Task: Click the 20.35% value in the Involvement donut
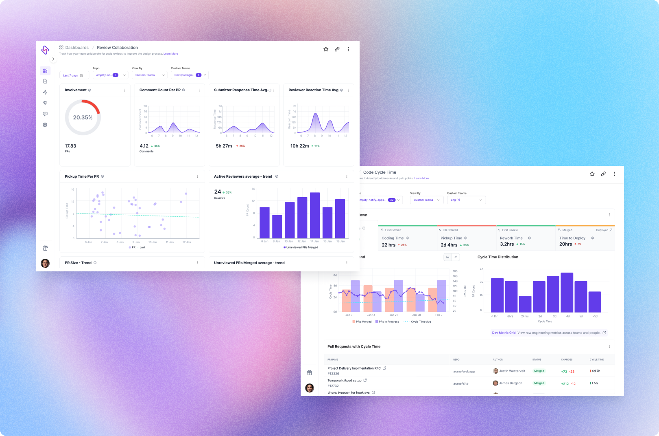coord(83,117)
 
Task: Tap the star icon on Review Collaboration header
coord(326,49)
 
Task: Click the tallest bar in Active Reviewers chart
coord(314,215)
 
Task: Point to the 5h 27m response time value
coord(224,146)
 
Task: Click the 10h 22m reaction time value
coord(299,146)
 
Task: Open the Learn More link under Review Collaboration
coord(171,54)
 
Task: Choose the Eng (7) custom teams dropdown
coord(466,200)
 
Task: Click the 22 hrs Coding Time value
coord(388,245)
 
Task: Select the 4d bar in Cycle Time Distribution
coord(567,292)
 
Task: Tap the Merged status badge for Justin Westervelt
coord(539,371)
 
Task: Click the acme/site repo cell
coord(460,383)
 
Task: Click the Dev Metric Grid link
coord(504,333)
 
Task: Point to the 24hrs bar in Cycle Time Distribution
coord(525,304)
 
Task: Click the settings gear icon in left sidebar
coord(45,125)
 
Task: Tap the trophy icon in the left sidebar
coord(45,103)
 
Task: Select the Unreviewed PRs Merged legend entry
coord(301,247)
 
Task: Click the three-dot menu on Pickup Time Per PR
coord(198,176)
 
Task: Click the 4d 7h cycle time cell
coord(596,371)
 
